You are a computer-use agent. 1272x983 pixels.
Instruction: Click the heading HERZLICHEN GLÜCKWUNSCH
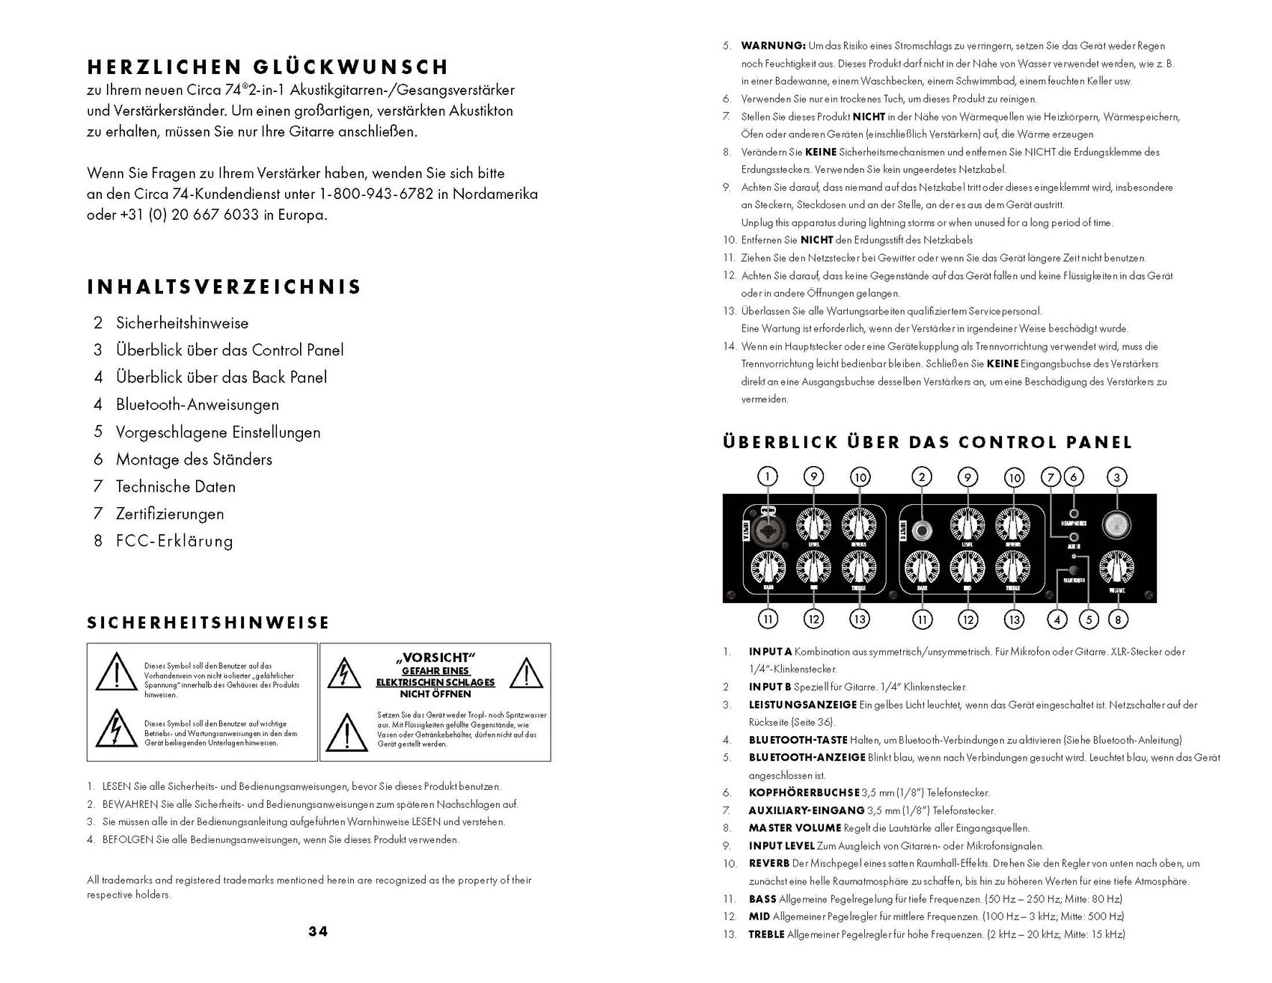(x=268, y=67)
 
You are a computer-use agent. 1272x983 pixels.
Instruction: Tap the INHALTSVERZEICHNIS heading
(x=224, y=287)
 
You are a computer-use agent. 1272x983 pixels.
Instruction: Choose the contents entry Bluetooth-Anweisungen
(x=197, y=405)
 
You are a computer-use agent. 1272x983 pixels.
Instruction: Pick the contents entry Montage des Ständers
(x=194, y=459)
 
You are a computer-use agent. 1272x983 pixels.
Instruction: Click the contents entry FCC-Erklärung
(x=174, y=541)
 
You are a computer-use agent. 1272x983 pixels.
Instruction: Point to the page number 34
(x=318, y=931)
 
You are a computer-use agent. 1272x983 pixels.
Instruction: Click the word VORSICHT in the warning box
(x=435, y=658)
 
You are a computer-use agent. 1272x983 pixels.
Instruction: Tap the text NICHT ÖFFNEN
(x=435, y=693)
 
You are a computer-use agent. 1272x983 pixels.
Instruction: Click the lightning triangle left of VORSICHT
(x=344, y=673)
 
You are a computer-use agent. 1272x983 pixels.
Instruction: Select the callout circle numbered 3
(x=1117, y=477)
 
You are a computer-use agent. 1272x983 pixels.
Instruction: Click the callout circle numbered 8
(x=1118, y=619)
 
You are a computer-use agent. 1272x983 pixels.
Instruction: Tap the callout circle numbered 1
(x=767, y=477)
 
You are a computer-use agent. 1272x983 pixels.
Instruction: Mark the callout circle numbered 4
(x=1057, y=619)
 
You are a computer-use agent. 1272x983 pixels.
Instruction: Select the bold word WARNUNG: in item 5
(x=773, y=46)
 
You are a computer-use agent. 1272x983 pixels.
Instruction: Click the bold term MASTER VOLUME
(x=795, y=828)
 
